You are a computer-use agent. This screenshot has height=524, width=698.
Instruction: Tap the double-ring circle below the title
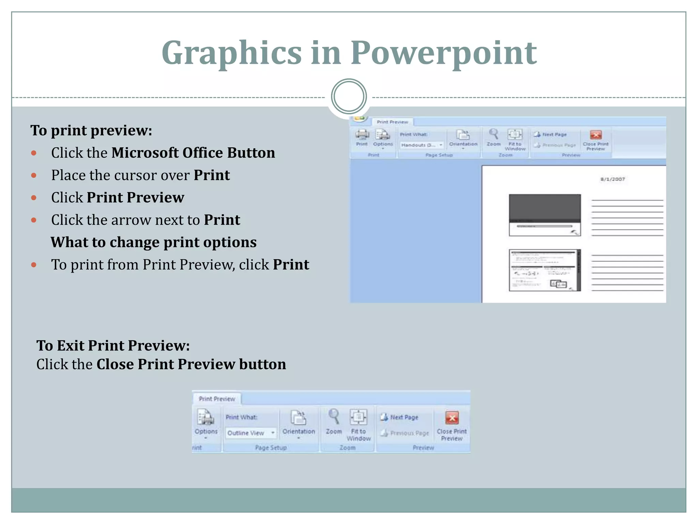tap(349, 97)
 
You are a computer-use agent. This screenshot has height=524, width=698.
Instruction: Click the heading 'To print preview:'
tap(91, 130)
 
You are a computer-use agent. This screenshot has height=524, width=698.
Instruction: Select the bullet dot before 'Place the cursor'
tap(34, 175)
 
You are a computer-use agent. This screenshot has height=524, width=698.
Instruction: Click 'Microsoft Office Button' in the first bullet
tap(193, 153)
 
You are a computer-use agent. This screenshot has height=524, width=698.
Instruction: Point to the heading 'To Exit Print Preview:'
tap(113, 346)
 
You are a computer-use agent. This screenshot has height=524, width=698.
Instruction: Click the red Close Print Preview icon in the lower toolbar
tap(452, 418)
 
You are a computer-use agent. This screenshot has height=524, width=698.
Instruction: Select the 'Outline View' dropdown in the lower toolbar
tap(251, 433)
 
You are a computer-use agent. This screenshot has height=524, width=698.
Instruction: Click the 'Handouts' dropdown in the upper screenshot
tap(422, 145)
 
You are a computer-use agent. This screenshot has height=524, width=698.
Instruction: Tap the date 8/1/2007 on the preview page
tap(612, 179)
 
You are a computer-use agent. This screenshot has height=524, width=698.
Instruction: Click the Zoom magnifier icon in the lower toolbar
tap(334, 417)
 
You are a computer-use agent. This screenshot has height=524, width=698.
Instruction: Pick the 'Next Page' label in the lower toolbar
tap(404, 417)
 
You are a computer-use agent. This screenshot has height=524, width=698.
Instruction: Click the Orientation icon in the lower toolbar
tap(299, 417)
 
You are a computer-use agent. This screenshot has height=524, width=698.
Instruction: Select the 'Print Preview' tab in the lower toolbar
tap(217, 399)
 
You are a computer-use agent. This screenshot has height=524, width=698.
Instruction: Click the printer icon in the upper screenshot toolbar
tap(362, 135)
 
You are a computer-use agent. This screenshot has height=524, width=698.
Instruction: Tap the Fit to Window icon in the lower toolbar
tap(358, 417)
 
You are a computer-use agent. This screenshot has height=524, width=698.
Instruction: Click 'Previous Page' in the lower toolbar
tap(409, 433)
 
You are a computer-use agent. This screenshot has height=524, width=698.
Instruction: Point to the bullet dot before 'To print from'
tap(34, 265)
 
